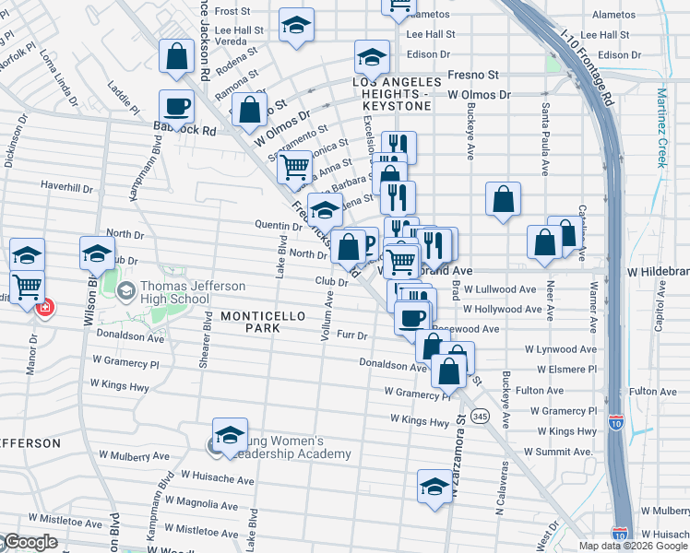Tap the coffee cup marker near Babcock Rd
click(176, 107)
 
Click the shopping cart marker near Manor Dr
click(28, 286)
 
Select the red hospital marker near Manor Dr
click(43, 307)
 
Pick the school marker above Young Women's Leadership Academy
click(230, 434)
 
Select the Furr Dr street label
click(352, 335)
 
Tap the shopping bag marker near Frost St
click(176, 58)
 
